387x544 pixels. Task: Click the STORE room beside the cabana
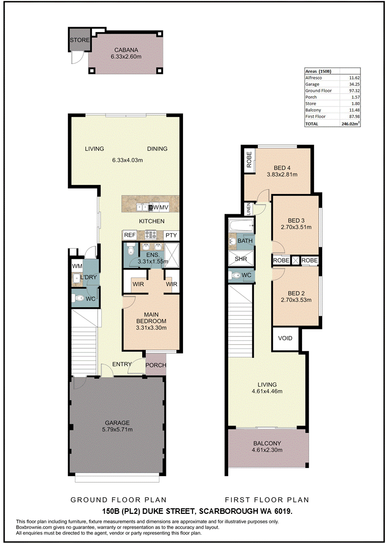[79, 40]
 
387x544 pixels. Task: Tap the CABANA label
[125, 50]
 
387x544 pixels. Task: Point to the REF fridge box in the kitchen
[130, 235]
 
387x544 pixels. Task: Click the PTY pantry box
[171, 235]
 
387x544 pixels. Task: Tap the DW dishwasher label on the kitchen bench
[154, 208]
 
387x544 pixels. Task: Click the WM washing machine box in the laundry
[76, 266]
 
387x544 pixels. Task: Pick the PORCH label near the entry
[156, 366]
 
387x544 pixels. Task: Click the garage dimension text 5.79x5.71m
[118, 429]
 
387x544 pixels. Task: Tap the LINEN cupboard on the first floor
[248, 210]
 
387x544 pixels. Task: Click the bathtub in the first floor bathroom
[241, 226]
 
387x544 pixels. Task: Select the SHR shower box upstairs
[241, 259]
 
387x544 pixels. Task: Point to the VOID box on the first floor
[285, 338]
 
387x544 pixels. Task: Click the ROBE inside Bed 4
[249, 159]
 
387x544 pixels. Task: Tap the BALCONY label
[267, 443]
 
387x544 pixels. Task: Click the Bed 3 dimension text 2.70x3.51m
[296, 228]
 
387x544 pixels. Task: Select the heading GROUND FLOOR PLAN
[119, 500]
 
